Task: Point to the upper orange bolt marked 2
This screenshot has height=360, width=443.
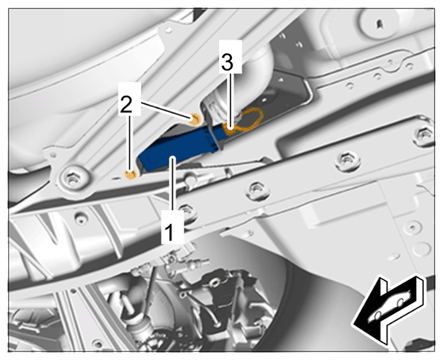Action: (x=195, y=119)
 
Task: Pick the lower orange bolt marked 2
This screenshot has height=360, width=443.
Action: (x=130, y=175)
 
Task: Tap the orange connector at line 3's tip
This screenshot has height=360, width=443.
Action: (x=230, y=129)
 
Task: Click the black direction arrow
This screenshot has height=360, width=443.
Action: (x=389, y=309)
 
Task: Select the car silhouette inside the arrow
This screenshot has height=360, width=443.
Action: (x=389, y=306)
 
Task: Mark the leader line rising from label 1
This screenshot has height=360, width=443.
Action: (x=172, y=184)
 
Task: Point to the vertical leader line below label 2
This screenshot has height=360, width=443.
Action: (x=130, y=143)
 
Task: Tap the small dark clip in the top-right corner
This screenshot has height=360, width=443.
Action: (x=380, y=24)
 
